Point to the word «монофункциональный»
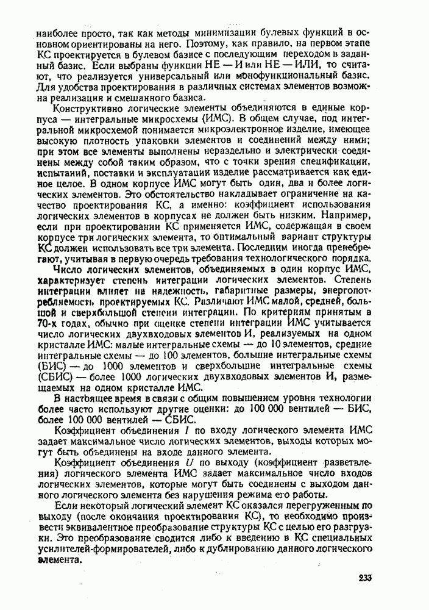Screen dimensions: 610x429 coord(286,76)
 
